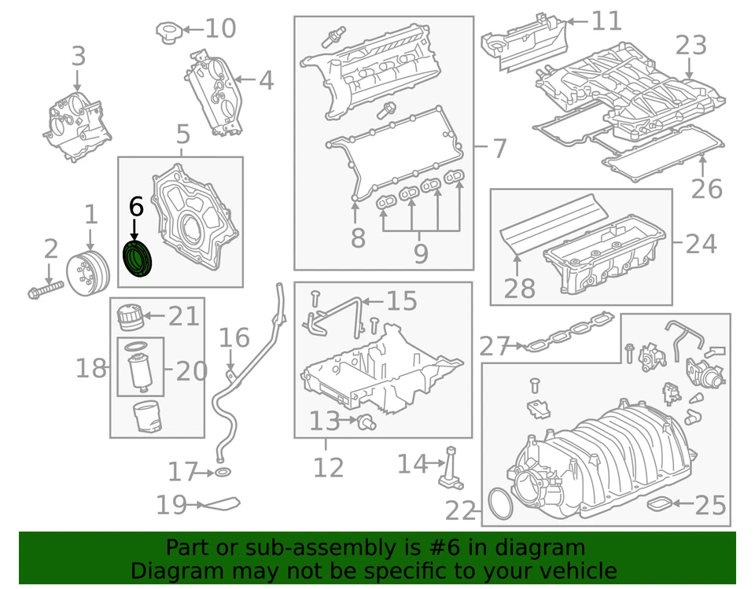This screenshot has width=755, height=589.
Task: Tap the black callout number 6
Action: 135,208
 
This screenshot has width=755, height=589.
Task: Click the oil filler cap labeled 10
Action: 168,33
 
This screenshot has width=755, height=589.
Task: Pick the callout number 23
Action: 691,46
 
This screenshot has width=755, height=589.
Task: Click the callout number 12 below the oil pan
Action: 329,467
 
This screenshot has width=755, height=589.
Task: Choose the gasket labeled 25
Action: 658,503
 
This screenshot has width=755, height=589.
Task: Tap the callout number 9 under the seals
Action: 421,252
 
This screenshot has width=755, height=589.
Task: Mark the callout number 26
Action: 706,189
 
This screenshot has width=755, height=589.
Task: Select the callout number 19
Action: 171,505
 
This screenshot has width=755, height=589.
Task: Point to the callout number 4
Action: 265,79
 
